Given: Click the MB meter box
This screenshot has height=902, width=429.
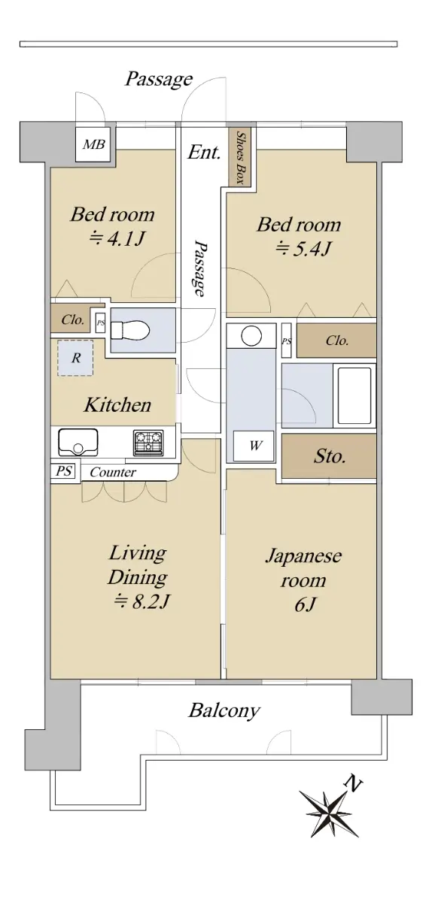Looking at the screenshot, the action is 93,144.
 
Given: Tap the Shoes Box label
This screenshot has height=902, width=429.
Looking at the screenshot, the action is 241,157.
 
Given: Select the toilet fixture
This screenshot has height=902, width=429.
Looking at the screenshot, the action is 129,331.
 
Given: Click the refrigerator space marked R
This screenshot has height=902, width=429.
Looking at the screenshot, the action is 75,358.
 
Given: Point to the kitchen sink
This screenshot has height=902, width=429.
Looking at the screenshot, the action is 78,443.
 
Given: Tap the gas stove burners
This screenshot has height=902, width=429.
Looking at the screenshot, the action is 148,443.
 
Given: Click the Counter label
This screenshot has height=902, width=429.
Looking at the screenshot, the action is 113,472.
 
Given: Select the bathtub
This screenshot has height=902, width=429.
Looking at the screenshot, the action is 354,395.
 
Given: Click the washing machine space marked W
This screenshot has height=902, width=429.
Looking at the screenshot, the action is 254,446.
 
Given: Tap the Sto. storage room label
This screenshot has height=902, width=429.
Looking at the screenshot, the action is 330,457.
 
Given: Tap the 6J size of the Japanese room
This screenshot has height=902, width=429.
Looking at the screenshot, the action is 304,605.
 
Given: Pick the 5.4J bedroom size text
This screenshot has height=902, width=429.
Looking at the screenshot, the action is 303,250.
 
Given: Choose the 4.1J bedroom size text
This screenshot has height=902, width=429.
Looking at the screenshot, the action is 116,239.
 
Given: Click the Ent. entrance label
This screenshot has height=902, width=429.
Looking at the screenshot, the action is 205,153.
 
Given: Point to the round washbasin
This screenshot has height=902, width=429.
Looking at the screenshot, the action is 252,335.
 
